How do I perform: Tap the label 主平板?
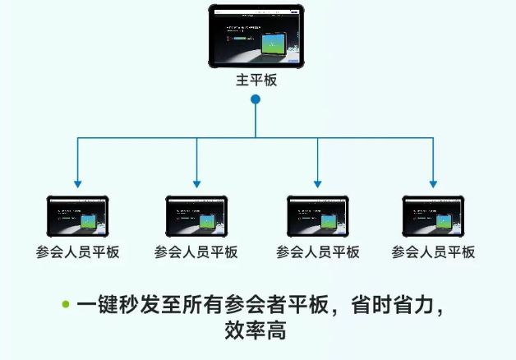click(256, 81)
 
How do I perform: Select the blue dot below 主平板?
click(256, 99)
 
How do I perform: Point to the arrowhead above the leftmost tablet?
click(77, 184)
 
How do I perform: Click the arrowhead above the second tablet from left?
click(196, 184)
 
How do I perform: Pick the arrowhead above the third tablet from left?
click(317, 184)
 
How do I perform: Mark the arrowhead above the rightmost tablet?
click(433, 184)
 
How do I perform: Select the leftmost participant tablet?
click(77, 217)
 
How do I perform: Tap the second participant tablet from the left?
click(196, 217)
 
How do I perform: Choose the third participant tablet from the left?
click(317, 217)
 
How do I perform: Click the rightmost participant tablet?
click(433, 217)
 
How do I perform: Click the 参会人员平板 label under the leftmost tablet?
click(78, 252)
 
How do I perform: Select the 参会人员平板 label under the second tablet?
click(196, 252)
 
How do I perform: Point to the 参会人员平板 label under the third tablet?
click(317, 252)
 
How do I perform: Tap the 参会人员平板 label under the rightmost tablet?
click(433, 252)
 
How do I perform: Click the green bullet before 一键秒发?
click(66, 304)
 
